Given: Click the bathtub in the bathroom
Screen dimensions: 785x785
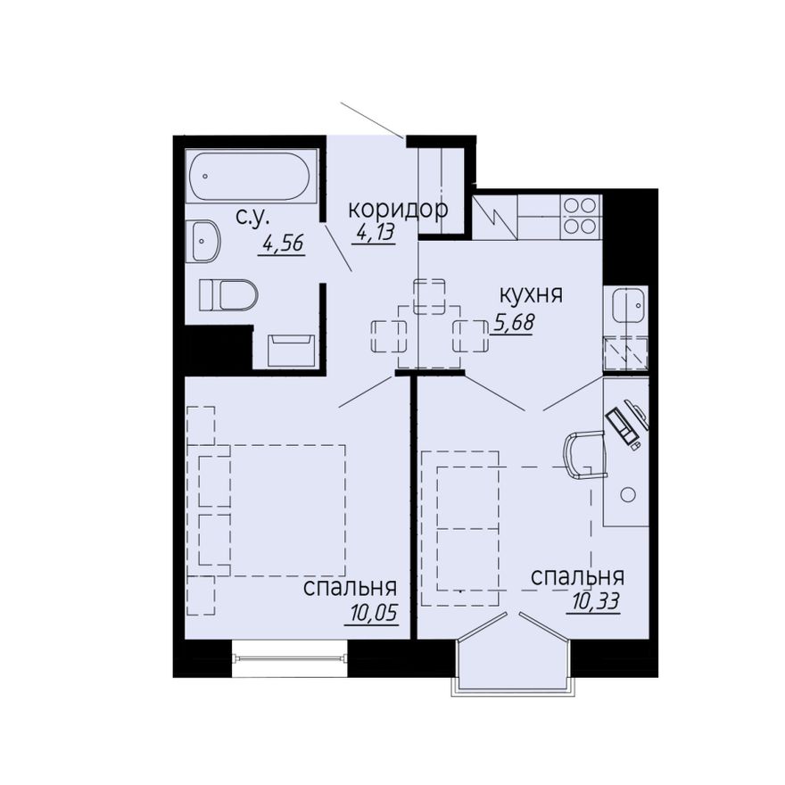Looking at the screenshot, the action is (x=251, y=177).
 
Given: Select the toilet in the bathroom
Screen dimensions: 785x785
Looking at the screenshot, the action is (x=228, y=295).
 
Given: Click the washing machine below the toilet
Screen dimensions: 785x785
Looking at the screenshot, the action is (x=291, y=351).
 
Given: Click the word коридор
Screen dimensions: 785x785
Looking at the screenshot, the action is (x=399, y=210).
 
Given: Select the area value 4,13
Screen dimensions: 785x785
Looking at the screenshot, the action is (x=376, y=232).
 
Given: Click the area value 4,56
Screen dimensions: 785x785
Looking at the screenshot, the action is (x=283, y=244).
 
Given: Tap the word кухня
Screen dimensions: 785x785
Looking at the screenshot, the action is (x=531, y=295).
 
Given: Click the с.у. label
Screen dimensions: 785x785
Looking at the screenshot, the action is (x=252, y=219).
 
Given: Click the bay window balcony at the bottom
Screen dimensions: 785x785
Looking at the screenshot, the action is (x=512, y=652).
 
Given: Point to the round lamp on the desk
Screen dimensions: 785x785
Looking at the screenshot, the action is (x=627, y=494).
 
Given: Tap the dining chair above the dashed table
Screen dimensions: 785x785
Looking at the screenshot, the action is (x=430, y=296).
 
